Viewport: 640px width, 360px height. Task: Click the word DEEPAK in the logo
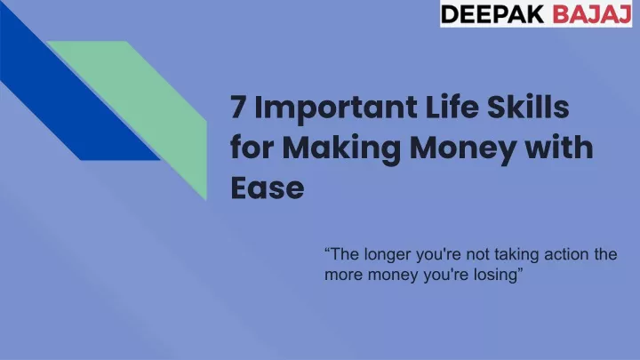pos(492,14)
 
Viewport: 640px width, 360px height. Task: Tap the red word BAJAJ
pos(592,14)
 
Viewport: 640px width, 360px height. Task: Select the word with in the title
pos(558,147)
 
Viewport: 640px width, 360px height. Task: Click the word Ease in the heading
pos(268,188)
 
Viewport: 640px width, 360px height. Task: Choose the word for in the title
pos(252,147)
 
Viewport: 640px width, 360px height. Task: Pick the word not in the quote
pos(478,255)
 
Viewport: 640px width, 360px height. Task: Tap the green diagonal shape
pos(155,110)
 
